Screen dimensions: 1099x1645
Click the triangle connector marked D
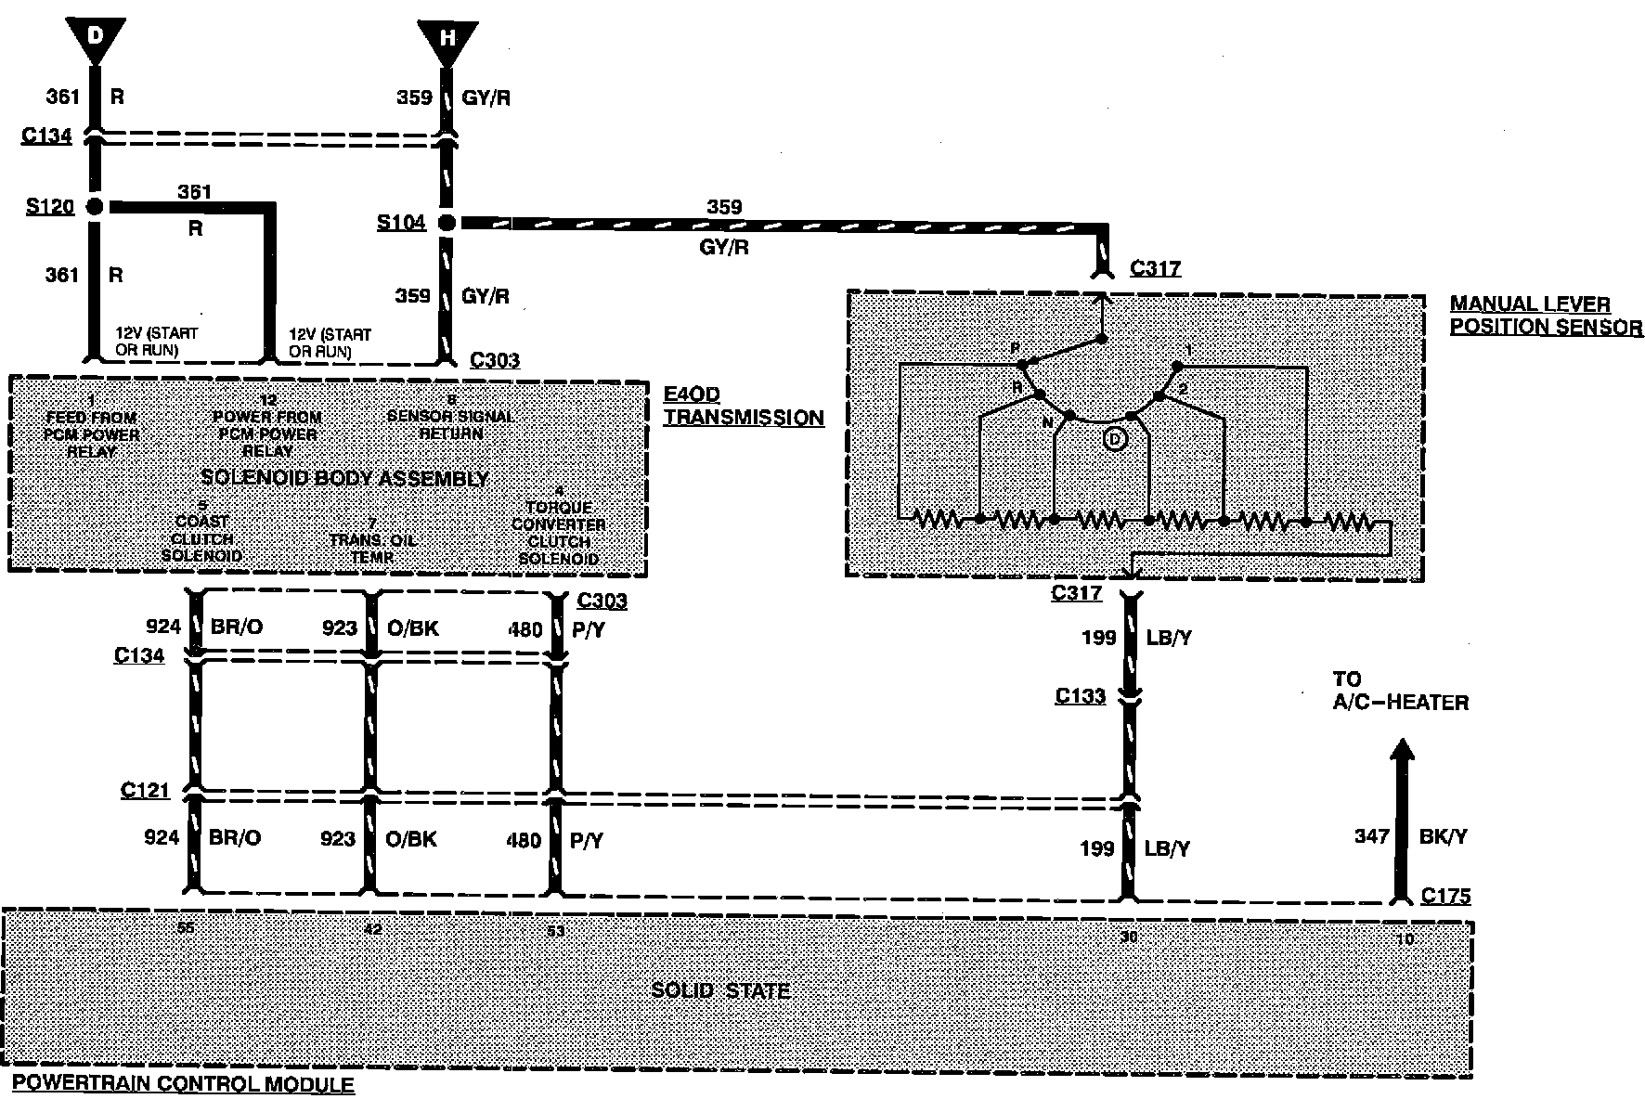96,40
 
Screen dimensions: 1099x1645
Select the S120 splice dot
95,206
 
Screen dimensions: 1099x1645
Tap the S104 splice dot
447,223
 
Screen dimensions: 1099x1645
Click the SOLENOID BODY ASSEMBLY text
344,479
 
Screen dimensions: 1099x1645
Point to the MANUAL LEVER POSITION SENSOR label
1545,316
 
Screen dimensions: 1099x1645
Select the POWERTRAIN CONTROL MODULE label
183,1083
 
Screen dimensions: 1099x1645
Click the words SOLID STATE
720,990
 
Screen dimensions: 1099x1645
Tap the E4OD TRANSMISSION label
743,407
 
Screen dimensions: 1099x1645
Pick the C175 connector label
1445,896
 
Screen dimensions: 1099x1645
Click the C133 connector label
1080,695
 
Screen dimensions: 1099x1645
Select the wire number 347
1370,836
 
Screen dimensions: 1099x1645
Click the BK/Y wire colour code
1443,836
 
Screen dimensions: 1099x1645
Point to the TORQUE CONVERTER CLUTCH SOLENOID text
559,532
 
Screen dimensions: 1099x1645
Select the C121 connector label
145,790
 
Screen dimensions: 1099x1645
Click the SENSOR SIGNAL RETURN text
451,424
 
